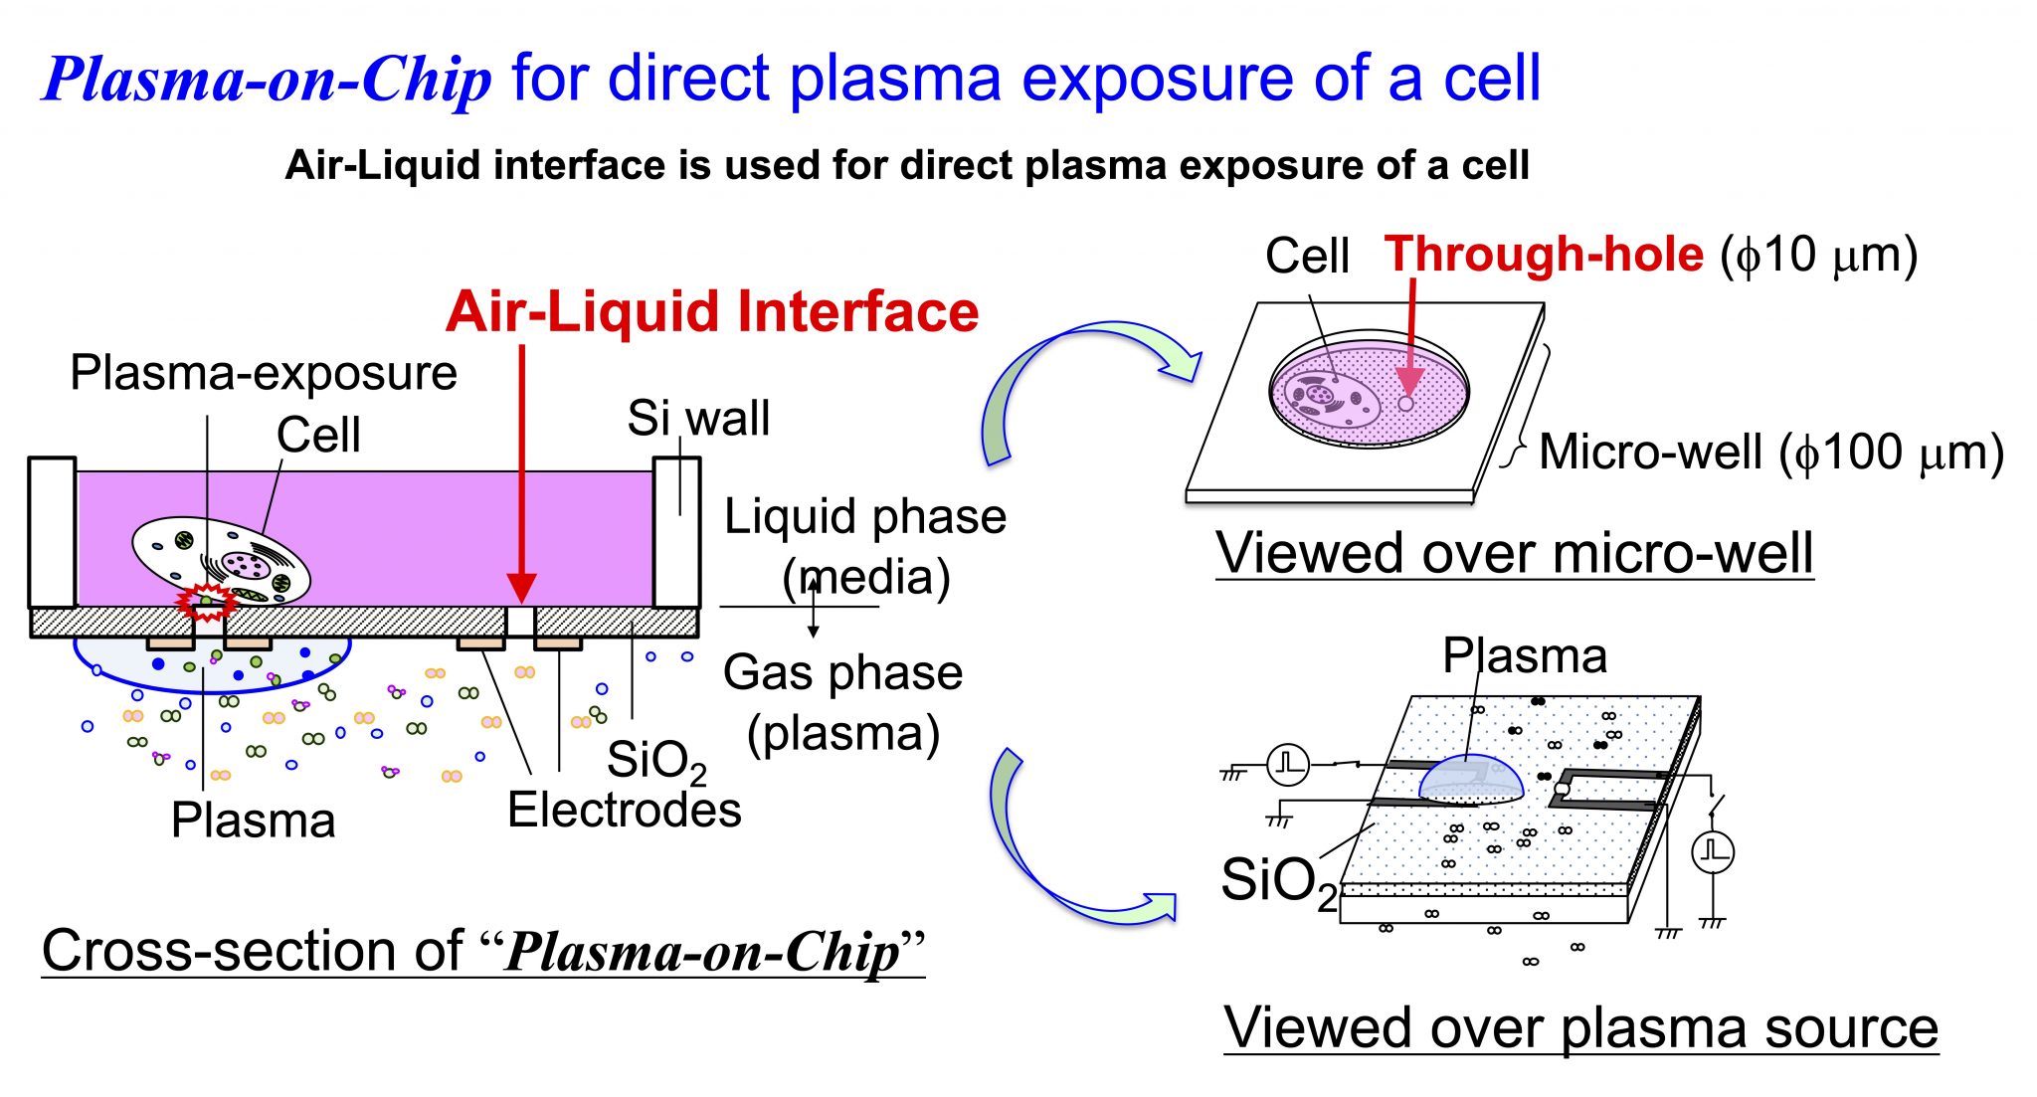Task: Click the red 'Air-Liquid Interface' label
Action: [712, 312]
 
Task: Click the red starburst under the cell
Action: [206, 602]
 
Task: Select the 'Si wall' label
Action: [698, 418]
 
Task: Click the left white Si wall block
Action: [52, 532]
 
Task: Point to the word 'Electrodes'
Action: [624, 810]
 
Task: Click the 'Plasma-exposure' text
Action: [263, 374]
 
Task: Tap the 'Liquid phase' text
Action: [864, 517]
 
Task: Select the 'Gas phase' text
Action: [842, 673]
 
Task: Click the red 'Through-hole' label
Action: [1544, 255]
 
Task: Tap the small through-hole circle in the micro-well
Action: [1405, 404]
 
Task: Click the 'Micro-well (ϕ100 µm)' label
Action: [1770, 453]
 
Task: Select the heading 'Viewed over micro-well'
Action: [1514, 553]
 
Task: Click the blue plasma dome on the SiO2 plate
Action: [1470, 779]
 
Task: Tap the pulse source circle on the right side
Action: [1713, 852]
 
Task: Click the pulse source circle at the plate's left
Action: [1288, 764]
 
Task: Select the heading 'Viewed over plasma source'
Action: [1579, 1027]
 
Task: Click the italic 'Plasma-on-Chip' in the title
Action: [267, 80]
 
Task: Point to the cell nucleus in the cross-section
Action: [244, 565]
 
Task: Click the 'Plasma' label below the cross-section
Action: [253, 821]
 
